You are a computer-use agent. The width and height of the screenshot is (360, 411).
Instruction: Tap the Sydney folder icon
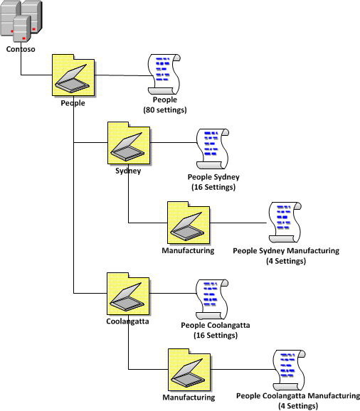click(x=128, y=143)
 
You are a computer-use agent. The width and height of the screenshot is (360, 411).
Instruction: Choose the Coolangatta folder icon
click(x=128, y=292)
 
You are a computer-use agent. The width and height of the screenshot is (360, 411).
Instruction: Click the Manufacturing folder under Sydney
click(x=188, y=223)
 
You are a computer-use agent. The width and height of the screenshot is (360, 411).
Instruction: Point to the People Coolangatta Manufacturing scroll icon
click(x=288, y=369)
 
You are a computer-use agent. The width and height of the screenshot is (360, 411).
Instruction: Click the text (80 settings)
click(x=164, y=110)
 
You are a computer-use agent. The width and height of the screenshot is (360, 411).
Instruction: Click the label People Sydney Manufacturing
click(x=286, y=251)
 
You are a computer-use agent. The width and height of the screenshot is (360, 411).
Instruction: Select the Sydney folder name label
click(x=128, y=171)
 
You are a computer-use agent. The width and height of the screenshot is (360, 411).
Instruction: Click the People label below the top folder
click(x=73, y=102)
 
